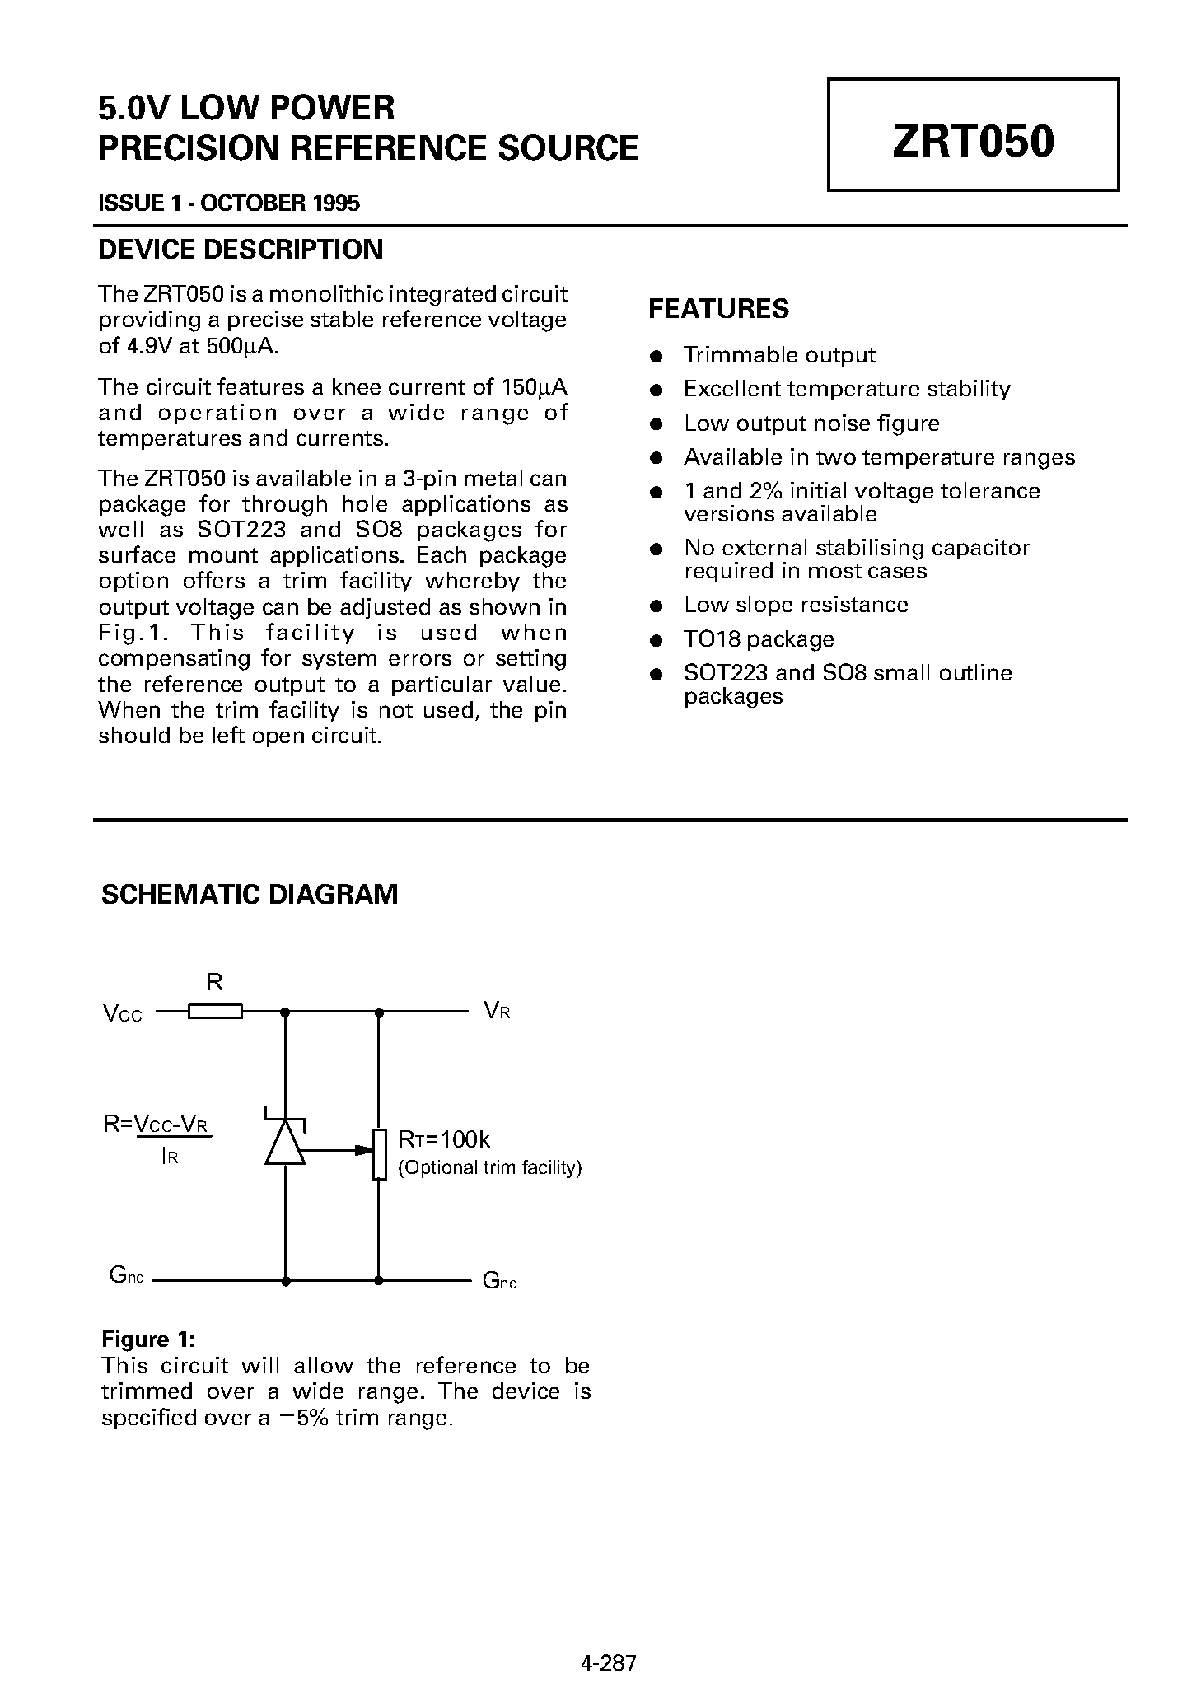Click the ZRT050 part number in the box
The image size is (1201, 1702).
tap(972, 141)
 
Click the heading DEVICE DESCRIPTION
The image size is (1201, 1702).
tap(241, 250)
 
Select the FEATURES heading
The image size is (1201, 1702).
tap(718, 309)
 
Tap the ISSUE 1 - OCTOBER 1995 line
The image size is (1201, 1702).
tap(229, 203)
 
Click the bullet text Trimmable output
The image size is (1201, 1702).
tap(779, 355)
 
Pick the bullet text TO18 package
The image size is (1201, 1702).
tap(759, 639)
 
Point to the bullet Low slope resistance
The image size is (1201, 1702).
tap(796, 605)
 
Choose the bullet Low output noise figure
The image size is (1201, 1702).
tap(811, 423)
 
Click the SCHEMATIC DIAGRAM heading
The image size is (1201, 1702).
tap(250, 895)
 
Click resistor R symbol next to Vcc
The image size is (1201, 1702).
tap(215, 1011)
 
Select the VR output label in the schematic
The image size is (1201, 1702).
tap(497, 1011)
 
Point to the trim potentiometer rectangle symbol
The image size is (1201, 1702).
tap(379, 1154)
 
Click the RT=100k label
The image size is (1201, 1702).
tap(444, 1140)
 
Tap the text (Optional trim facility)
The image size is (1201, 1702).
tap(490, 1167)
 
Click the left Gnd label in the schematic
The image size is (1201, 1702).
tap(127, 1275)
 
